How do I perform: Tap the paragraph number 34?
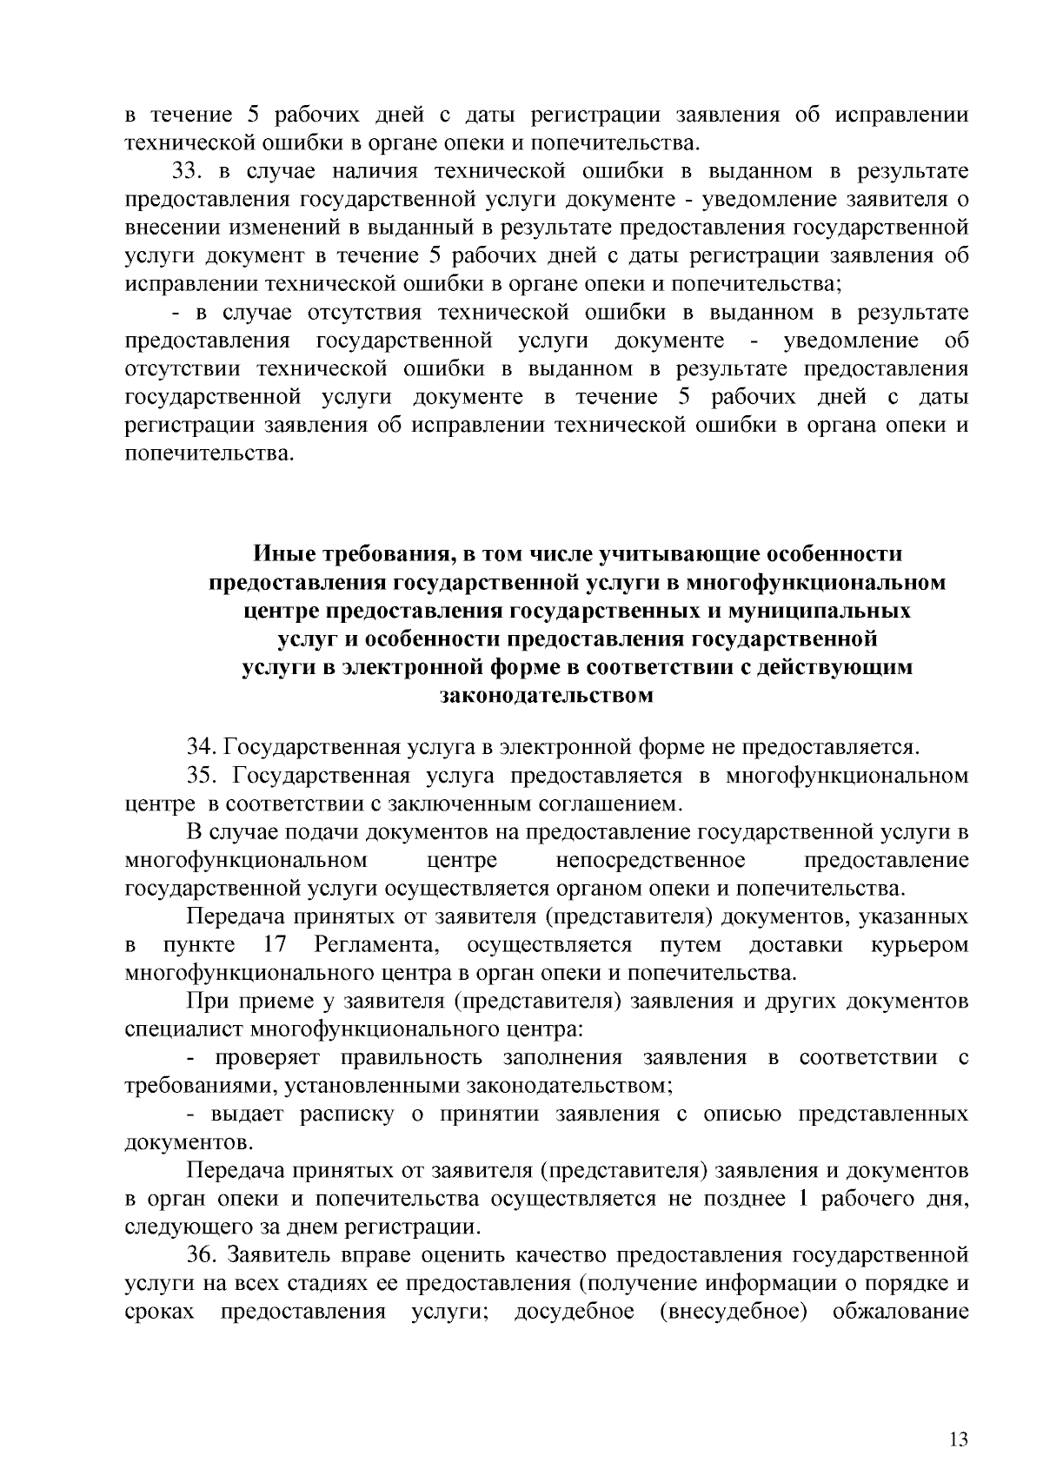pos(201,747)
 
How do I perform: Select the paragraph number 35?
pos(201,776)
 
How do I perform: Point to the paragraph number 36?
pos(201,1254)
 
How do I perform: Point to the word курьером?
pos(920,945)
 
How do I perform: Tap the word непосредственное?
pos(650,861)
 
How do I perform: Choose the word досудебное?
pos(575,1311)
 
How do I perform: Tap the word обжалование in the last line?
pos(900,1311)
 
